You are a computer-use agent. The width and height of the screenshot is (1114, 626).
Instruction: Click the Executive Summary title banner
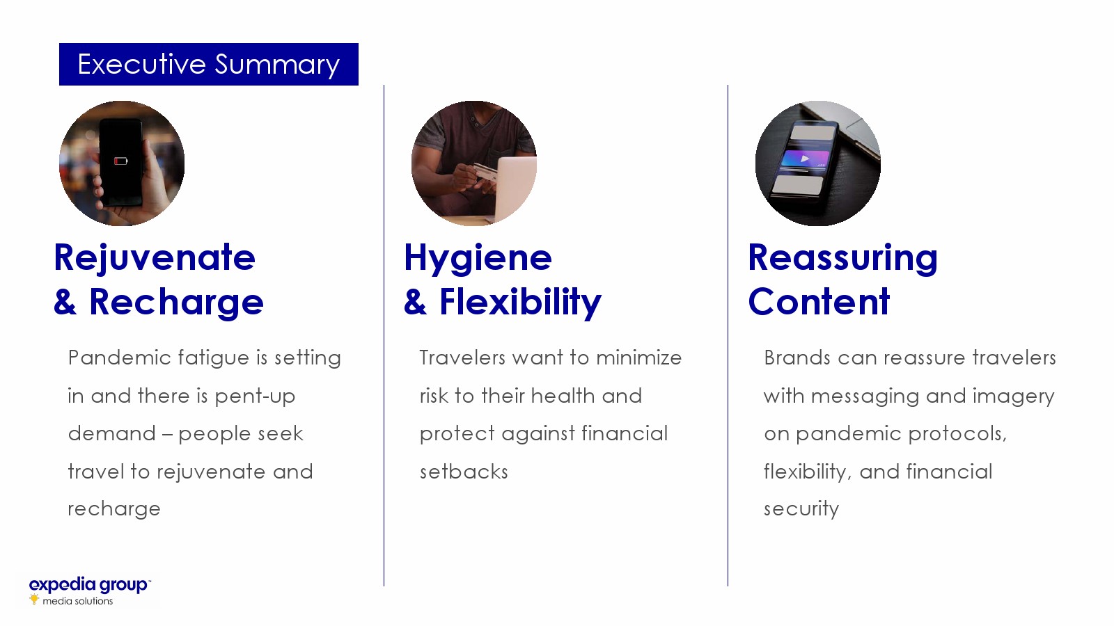(x=209, y=64)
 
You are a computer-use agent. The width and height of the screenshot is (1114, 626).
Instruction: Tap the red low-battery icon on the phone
(x=121, y=161)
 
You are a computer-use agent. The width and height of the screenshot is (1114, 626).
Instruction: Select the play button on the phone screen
(x=805, y=159)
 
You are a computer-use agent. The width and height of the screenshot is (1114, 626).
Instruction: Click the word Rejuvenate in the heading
(x=154, y=259)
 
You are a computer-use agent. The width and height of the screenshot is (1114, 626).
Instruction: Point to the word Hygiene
(x=478, y=259)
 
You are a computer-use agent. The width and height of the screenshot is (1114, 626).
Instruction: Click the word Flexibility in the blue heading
(x=520, y=303)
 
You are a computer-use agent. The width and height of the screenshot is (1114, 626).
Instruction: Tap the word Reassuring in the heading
(x=843, y=259)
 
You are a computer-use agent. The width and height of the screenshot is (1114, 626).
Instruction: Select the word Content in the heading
(x=819, y=302)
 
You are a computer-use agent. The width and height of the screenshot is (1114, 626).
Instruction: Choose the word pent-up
(x=255, y=396)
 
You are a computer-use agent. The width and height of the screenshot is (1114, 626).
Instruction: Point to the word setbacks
(x=464, y=472)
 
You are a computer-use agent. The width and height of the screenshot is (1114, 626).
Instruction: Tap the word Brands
(x=797, y=358)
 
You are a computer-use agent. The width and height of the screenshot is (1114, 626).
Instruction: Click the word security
(x=801, y=509)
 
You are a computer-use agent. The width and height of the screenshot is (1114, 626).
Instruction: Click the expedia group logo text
(x=88, y=585)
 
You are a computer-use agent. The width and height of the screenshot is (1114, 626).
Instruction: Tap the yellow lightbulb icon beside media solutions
(x=34, y=599)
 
